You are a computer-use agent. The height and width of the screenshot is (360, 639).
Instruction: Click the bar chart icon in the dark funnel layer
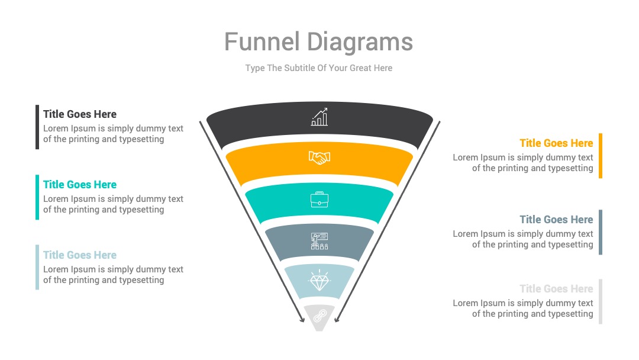[x=319, y=117]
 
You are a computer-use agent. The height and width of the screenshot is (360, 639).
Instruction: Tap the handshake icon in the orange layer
[x=319, y=157]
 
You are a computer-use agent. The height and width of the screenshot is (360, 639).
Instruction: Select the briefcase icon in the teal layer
[x=319, y=200]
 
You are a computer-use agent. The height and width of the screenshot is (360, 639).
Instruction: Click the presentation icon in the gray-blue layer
[x=319, y=241]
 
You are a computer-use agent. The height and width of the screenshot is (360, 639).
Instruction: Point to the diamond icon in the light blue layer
[x=319, y=281]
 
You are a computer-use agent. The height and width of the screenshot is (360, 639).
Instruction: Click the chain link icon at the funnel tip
[x=319, y=316]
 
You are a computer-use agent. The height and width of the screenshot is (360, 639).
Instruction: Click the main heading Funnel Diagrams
[x=319, y=42]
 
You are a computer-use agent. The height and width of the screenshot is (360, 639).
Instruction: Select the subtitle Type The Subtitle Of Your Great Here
[x=319, y=68]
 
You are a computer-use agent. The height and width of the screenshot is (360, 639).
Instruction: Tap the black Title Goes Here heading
[x=80, y=114]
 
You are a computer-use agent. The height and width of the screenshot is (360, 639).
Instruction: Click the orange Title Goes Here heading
[x=556, y=143]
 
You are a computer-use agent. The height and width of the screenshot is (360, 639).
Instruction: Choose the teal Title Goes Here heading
[x=80, y=185]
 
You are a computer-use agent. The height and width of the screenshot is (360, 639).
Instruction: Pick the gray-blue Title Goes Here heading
[x=556, y=219]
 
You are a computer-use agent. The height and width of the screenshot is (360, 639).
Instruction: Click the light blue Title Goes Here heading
[x=80, y=255]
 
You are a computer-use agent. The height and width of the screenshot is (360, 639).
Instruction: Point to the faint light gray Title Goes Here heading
[x=556, y=289]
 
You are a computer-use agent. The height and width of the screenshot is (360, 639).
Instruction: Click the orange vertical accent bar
[x=601, y=156]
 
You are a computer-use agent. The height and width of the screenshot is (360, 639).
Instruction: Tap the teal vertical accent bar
[x=37, y=197]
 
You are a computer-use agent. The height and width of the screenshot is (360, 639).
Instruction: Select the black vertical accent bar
[x=37, y=127]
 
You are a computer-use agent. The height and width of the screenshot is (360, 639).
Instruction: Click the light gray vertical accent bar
[x=601, y=302]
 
